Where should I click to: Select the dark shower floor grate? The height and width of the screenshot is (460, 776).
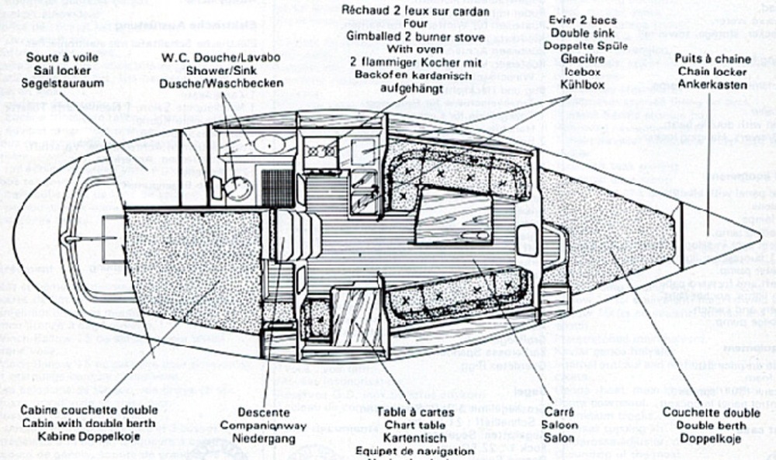[276, 187]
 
